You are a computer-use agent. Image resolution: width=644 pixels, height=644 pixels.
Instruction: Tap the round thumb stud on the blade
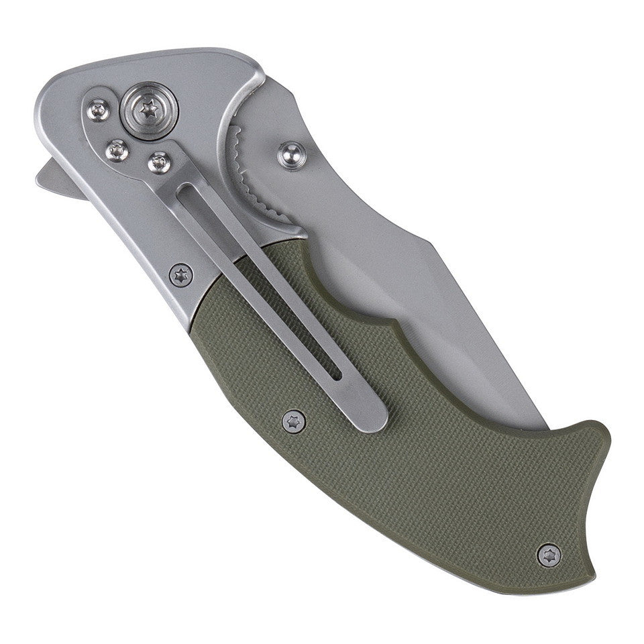point(292,156)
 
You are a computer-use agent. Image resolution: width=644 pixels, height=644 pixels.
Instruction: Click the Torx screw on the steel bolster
point(180,274)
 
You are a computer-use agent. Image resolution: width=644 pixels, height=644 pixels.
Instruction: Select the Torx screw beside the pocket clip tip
point(293,421)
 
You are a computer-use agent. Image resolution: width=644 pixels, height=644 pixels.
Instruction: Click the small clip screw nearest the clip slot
point(160,162)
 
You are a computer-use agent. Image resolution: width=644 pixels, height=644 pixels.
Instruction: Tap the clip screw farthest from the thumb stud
point(99,109)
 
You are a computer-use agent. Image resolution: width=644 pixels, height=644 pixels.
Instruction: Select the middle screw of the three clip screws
point(117,151)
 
